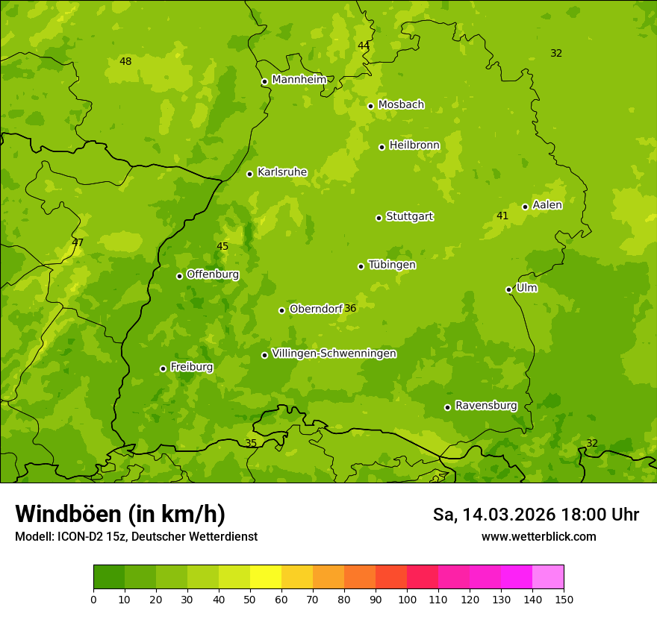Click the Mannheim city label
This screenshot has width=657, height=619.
click(x=299, y=80)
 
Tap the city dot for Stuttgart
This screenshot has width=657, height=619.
click(x=379, y=218)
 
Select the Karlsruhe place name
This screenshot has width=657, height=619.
click(x=282, y=172)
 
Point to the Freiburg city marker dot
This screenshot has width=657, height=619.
click(x=163, y=368)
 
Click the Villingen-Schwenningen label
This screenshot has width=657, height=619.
click(x=334, y=354)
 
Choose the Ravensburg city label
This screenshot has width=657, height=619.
click(x=486, y=406)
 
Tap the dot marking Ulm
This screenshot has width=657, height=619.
click(x=509, y=289)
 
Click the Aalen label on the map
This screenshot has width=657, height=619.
click(x=547, y=205)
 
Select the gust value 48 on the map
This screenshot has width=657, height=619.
click(x=125, y=61)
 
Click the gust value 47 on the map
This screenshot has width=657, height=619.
click(x=78, y=242)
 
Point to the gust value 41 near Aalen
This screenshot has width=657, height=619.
click(x=502, y=216)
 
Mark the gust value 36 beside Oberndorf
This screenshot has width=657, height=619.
click(x=350, y=308)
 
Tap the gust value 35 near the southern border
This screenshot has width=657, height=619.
click(x=251, y=443)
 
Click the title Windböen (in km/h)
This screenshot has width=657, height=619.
click(x=120, y=514)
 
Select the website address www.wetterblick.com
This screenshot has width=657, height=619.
click(x=538, y=536)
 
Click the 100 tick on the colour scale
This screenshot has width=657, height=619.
click(x=407, y=599)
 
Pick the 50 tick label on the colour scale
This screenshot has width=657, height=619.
click(x=250, y=599)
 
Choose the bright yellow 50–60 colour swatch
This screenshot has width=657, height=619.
click(x=266, y=576)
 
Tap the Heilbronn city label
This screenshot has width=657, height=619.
click(x=414, y=145)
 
